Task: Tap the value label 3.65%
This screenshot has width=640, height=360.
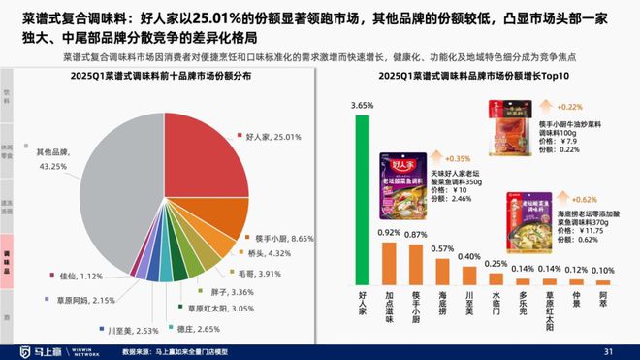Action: pyautogui.click(x=361, y=105)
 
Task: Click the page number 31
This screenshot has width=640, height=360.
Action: pyautogui.click(x=609, y=350)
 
